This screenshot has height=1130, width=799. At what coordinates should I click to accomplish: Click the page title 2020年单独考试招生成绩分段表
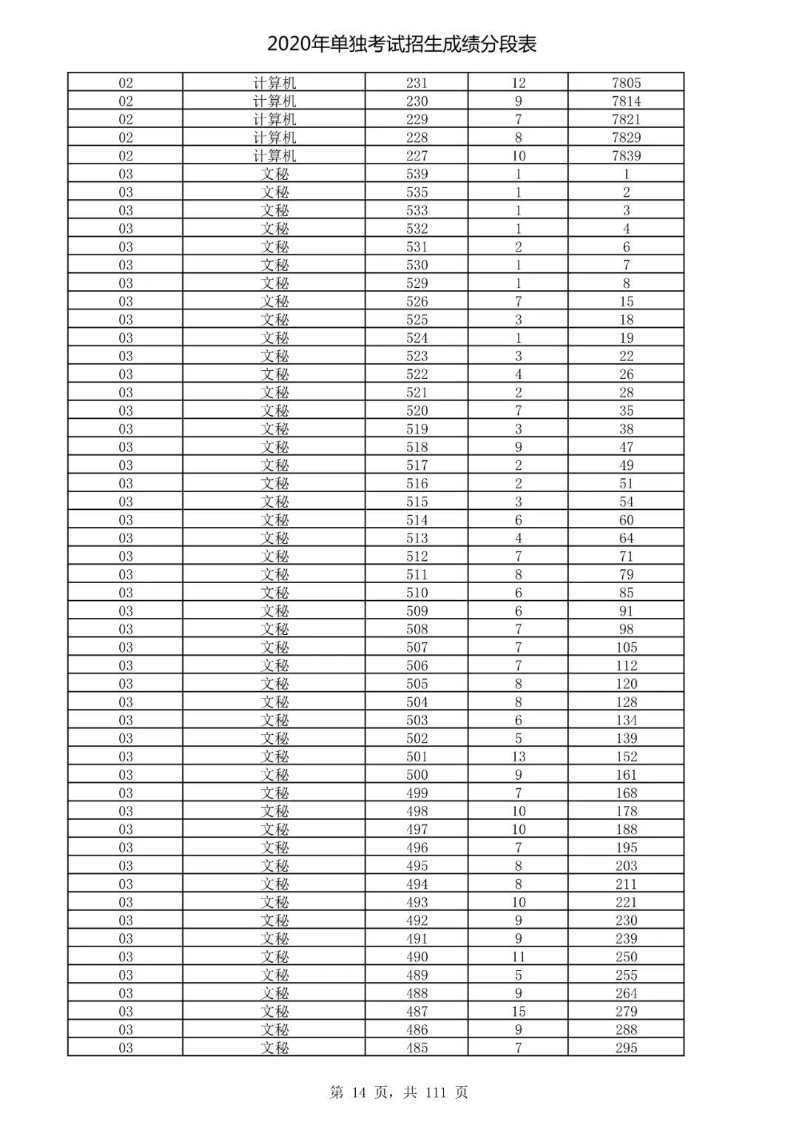(402, 44)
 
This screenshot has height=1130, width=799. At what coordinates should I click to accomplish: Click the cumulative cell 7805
(626, 83)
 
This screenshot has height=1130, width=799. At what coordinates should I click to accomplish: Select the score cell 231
(417, 83)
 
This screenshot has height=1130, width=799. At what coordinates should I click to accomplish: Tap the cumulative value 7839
(626, 155)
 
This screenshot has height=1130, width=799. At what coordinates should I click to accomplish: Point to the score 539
(417, 174)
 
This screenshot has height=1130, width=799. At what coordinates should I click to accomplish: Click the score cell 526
(417, 301)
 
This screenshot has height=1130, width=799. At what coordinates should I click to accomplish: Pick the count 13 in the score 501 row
(518, 756)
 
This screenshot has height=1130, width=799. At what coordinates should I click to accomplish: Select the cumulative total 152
(626, 756)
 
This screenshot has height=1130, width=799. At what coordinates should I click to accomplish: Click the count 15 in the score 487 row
(518, 1011)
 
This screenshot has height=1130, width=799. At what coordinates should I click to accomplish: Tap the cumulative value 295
(626, 1047)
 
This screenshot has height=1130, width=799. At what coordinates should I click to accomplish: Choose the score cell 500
(417, 775)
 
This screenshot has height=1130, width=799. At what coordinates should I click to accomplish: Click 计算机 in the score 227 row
(274, 155)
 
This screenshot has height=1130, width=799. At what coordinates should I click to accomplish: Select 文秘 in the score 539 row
(274, 174)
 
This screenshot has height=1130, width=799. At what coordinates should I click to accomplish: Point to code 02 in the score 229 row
(126, 119)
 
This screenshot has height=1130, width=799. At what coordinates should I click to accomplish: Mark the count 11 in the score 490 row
(518, 956)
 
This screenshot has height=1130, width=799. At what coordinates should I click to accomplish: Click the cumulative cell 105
(626, 647)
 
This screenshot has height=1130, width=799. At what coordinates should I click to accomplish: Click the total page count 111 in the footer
(436, 1092)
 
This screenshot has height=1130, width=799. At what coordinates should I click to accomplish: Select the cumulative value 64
(626, 538)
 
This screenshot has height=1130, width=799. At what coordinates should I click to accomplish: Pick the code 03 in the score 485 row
(126, 1047)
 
